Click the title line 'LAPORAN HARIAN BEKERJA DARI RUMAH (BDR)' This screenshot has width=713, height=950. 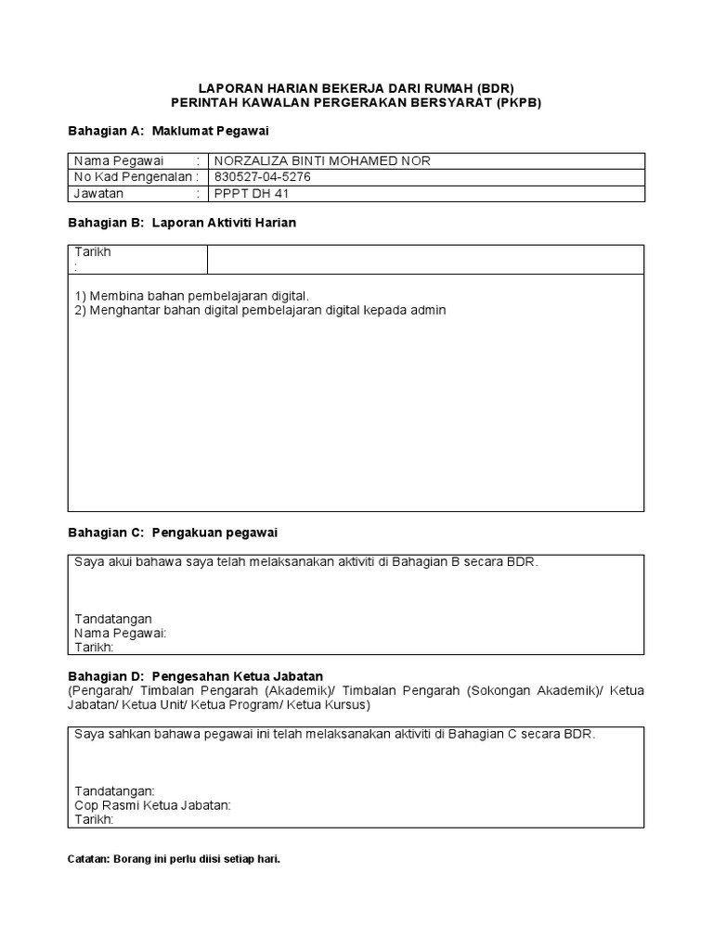[356, 87]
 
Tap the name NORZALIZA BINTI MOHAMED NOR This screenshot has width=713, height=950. [322, 160]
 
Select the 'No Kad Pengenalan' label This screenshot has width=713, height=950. [133, 177]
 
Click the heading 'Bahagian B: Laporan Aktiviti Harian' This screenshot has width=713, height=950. [183, 224]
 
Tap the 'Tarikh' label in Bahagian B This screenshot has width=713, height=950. [92, 252]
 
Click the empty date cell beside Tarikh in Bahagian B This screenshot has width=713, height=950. [425, 259]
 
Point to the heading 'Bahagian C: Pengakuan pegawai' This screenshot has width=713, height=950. [174, 533]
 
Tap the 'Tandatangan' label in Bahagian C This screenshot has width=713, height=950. [113, 619]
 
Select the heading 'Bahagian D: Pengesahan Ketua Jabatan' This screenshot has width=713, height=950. [196, 676]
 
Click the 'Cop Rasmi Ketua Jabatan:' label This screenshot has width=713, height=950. [152, 805]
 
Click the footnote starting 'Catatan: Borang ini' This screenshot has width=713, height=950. [175, 859]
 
